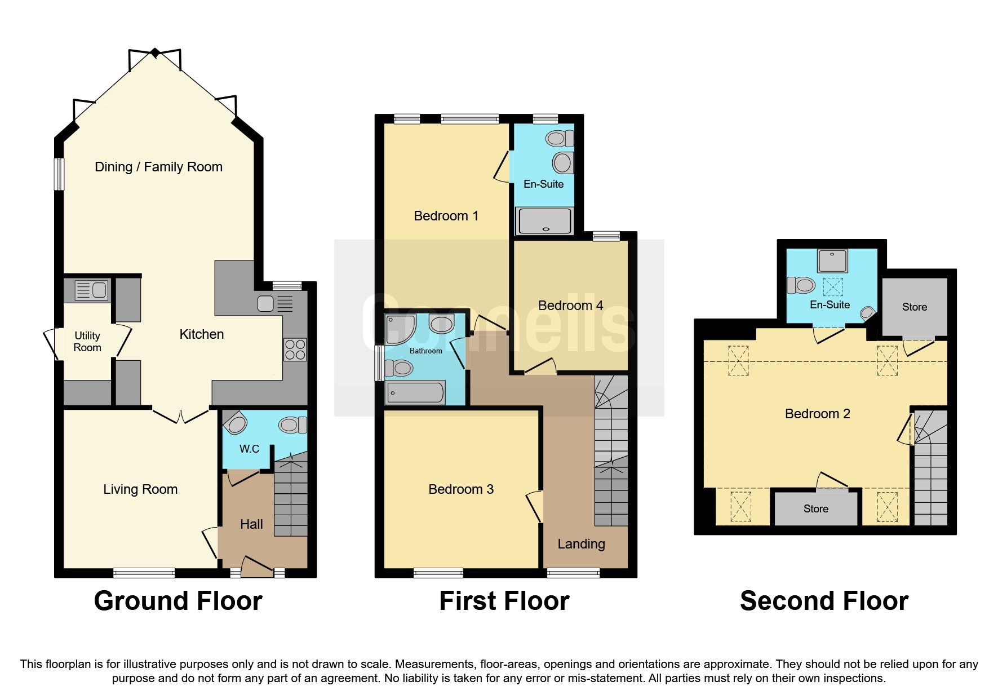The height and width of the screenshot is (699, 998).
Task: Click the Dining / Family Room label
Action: [158, 167]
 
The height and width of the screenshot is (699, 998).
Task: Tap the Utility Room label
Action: [87, 342]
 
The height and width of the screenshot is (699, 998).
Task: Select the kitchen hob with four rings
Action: [295, 349]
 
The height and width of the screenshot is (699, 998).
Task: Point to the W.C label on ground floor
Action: [249, 449]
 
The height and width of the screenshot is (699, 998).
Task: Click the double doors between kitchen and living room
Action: [181, 417]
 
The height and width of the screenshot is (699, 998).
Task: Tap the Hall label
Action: [251, 524]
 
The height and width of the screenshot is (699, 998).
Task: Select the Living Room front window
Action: [144, 573]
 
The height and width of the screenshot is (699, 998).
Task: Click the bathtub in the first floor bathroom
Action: [415, 393]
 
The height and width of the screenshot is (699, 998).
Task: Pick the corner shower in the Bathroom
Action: [399, 329]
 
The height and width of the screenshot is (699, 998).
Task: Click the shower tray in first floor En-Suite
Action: [544, 220]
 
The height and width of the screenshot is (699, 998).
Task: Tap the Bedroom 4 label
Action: [570, 306]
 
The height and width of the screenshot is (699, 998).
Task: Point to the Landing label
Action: [581, 544]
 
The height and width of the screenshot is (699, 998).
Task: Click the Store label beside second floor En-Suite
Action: [914, 307]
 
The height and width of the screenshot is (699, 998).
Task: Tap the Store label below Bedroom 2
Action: [815, 508]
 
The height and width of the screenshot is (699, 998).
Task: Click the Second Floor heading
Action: [824, 601]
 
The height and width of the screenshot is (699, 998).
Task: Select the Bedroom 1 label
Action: [446, 216]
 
